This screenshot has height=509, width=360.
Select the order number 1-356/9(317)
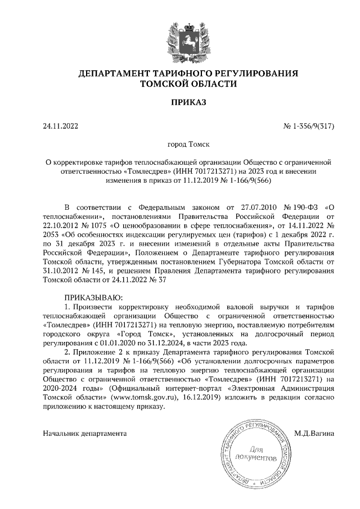(x=312, y=126)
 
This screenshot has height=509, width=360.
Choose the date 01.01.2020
(x=115, y=342)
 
